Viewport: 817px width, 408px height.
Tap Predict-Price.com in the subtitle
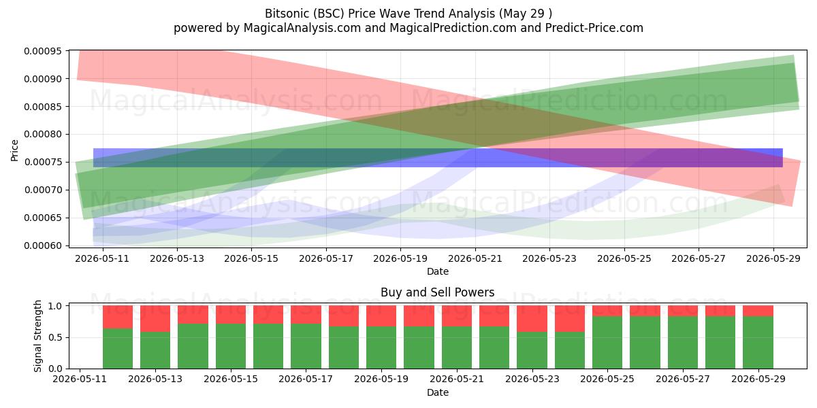[x=594, y=28]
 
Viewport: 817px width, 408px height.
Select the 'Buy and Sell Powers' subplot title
[x=437, y=292]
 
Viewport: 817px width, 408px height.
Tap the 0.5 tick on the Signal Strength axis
[x=55, y=337]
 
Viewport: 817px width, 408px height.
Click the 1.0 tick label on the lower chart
[x=55, y=306]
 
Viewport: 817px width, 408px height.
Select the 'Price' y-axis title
[x=14, y=150]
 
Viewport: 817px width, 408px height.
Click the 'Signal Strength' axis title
[x=37, y=337]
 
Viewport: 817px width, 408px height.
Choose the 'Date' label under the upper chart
[x=437, y=271]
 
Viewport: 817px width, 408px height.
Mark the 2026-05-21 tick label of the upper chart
[x=475, y=258]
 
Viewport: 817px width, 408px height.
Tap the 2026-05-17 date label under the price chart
[x=326, y=258]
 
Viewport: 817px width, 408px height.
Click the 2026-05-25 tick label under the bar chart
[x=607, y=379]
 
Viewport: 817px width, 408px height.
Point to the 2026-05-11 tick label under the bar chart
[x=80, y=379]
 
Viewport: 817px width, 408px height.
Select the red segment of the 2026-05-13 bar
[x=155, y=319]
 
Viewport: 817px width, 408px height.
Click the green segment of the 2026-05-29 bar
[x=758, y=343]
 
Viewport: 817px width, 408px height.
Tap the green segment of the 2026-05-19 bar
[x=381, y=347]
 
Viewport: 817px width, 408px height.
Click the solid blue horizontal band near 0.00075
[x=438, y=158]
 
